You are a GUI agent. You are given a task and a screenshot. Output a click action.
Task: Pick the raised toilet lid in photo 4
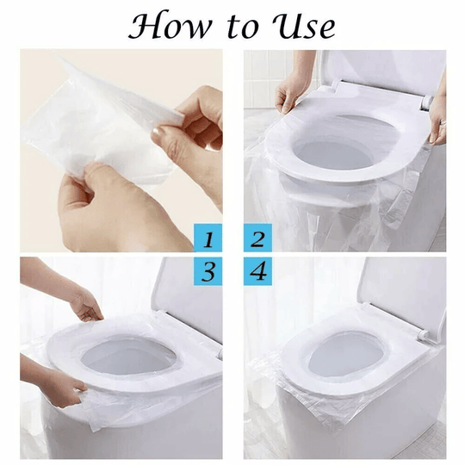coord(379,288)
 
